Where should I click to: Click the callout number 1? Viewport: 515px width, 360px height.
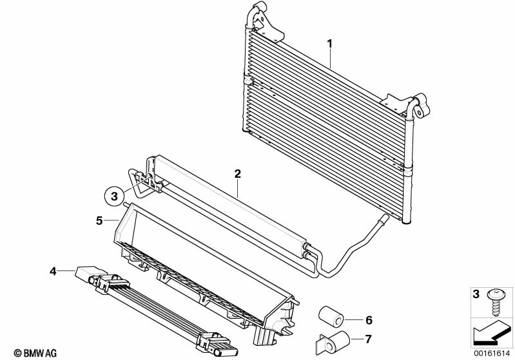(x=329, y=44)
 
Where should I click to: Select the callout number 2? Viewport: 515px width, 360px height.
(x=237, y=174)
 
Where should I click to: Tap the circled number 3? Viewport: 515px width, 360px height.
(x=114, y=194)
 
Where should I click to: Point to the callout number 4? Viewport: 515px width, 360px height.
(x=53, y=271)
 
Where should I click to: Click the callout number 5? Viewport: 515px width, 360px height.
(x=99, y=220)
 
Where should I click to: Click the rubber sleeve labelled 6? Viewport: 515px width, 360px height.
(x=331, y=317)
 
